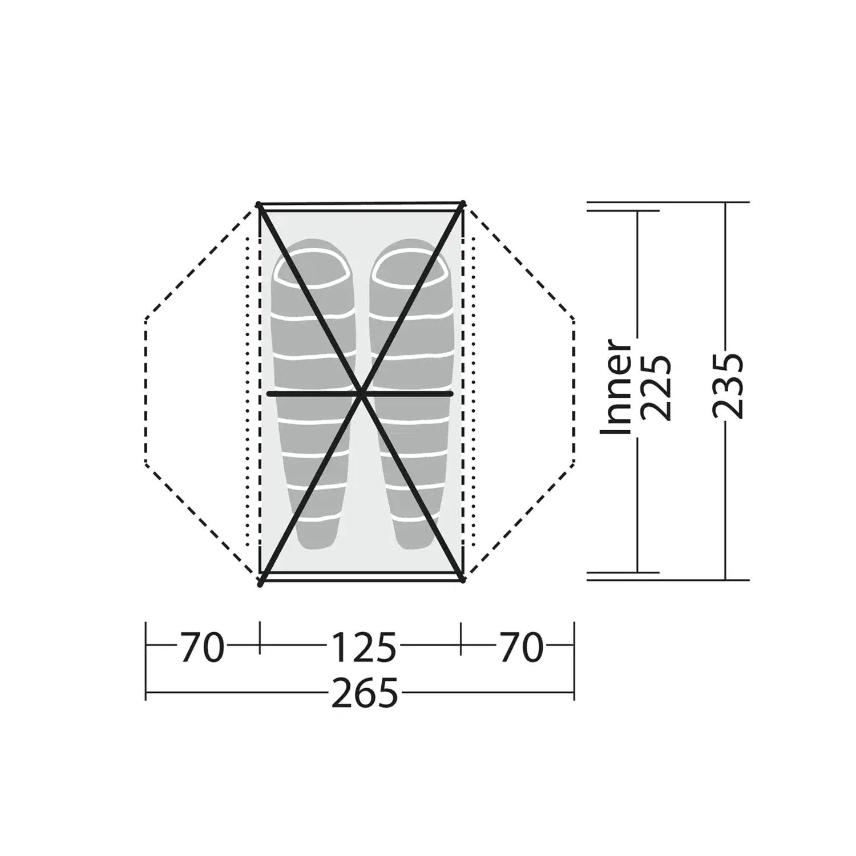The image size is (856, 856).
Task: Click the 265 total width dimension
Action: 364,694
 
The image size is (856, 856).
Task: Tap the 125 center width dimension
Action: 364,648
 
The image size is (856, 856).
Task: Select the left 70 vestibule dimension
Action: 202,648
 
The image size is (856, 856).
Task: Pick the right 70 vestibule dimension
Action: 522,648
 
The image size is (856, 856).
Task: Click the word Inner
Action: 617,387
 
